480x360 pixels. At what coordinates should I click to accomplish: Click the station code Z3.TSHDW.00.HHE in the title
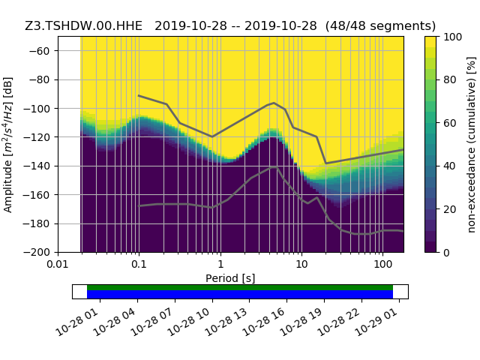tap(83, 25)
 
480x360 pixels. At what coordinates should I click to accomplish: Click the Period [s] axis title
tap(230, 278)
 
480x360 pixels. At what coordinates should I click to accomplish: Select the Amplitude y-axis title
tap(8, 144)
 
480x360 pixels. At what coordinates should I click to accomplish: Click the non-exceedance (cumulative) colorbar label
tap(470, 144)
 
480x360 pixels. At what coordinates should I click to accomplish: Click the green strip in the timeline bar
tap(240, 287)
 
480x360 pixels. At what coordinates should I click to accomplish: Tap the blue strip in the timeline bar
tap(240, 295)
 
